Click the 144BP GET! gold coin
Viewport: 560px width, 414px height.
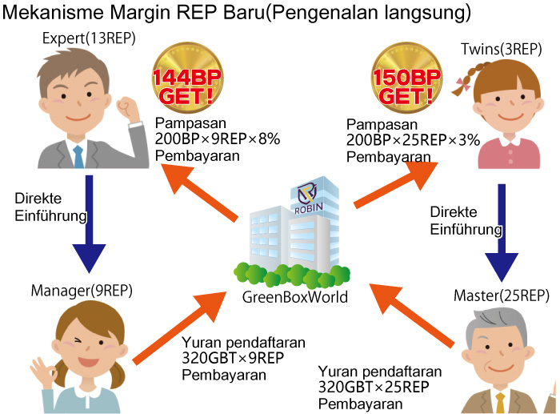click(187, 78)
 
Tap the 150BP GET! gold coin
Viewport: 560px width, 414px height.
click(406, 78)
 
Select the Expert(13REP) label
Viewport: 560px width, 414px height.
click(89, 38)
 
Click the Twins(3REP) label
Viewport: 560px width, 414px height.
click(501, 50)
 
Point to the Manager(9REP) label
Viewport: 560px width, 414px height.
click(82, 291)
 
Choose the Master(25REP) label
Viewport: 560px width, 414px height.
click(501, 295)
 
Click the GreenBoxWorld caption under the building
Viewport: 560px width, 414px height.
click(295, 297)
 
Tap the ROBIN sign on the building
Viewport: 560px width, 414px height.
click(309, 208)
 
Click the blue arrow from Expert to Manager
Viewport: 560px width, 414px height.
click(89, 224)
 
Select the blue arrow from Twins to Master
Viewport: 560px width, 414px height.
click(502, 233)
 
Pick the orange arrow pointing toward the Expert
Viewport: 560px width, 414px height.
click(198, 192)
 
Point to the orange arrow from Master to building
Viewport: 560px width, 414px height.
click(411, 316)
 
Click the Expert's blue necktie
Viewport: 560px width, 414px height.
click(78, 157)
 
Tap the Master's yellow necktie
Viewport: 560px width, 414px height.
click(500, 403)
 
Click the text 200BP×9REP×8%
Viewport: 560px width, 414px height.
click(218, 139)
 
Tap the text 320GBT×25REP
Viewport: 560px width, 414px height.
click(374, 388)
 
